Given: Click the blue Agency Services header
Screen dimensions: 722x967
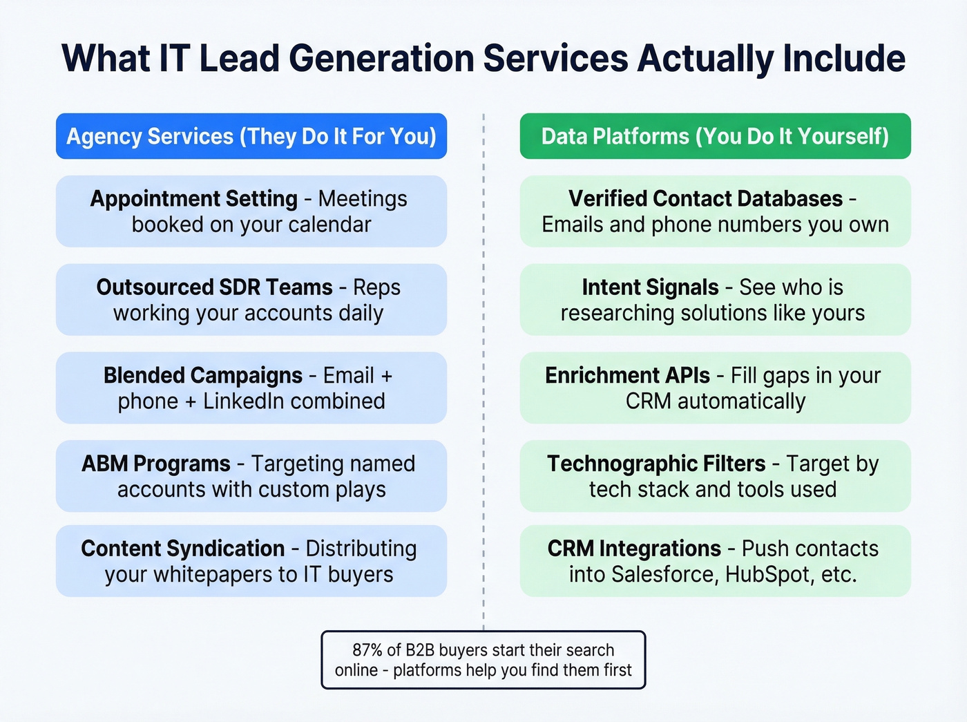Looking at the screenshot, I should (x=251, y=136).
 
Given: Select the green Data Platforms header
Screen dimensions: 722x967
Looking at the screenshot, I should (x=715, y=136).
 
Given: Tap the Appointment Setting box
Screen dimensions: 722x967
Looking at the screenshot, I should (x=251, y=211).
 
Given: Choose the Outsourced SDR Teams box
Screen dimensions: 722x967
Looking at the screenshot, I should (x=251, y=300).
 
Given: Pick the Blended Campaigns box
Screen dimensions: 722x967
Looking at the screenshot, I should (x=251, y=388).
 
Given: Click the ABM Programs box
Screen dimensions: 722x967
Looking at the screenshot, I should (x=251, y=476).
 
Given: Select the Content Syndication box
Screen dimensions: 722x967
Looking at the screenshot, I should (x=251, y=561).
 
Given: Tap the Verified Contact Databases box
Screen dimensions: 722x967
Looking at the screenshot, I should (x=715, y=211).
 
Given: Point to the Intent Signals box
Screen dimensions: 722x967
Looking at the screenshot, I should (x=715, y=300).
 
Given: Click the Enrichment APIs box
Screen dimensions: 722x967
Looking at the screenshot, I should (x=715, y=388).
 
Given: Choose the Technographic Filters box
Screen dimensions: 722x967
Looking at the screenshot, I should (x=715, y=476).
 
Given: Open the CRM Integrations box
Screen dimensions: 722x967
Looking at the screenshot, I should (x=715, y=561).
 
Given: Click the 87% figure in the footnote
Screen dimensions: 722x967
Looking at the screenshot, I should (x=367, y=650).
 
